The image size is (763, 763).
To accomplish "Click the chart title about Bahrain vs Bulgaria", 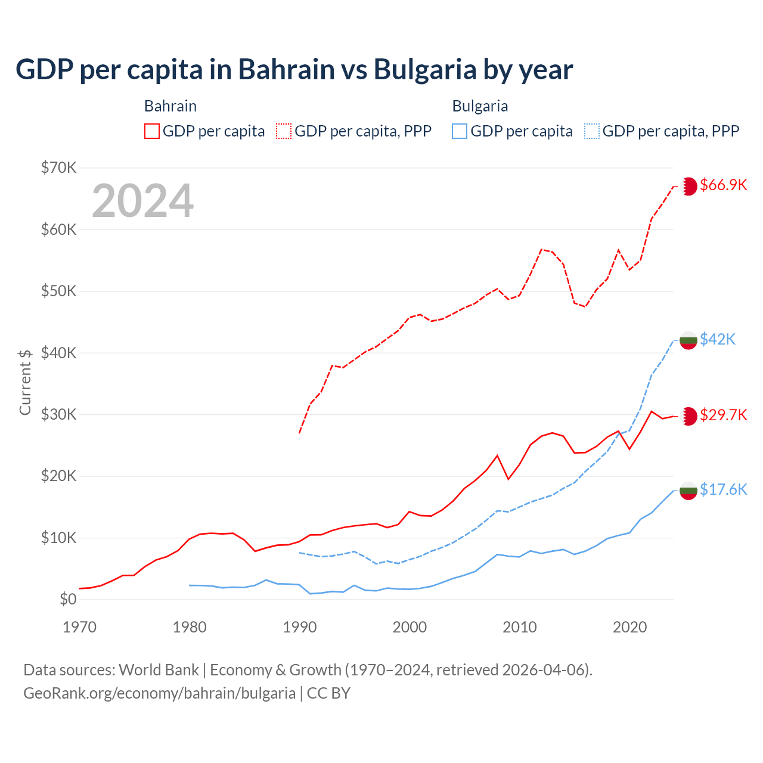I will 294,70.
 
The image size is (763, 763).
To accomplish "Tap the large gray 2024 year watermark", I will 142,201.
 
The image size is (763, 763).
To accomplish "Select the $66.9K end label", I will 723,185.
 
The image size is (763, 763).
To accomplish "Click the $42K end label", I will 718,339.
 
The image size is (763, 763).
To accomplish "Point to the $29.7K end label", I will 723,415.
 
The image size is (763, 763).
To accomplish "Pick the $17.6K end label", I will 723,489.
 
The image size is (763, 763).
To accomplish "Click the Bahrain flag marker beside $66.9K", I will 688,186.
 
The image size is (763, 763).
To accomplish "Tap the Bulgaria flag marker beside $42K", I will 688,340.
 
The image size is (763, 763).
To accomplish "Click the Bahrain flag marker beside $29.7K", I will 688,416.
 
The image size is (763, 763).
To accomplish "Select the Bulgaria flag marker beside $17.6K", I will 688,491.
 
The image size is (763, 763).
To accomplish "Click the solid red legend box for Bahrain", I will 152,131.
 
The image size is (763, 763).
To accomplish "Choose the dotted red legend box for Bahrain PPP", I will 284,131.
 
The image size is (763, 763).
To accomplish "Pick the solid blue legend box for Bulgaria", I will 460,131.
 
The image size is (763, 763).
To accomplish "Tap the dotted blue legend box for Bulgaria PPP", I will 592,131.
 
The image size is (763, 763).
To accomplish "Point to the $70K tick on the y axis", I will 58,168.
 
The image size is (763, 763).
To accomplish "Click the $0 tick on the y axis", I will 68,599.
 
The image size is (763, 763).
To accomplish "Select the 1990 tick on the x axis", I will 300,627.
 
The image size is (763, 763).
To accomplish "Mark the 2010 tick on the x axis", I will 520,627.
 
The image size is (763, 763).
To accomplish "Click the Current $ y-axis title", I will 25,381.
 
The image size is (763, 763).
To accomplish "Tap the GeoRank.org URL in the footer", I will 159,693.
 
